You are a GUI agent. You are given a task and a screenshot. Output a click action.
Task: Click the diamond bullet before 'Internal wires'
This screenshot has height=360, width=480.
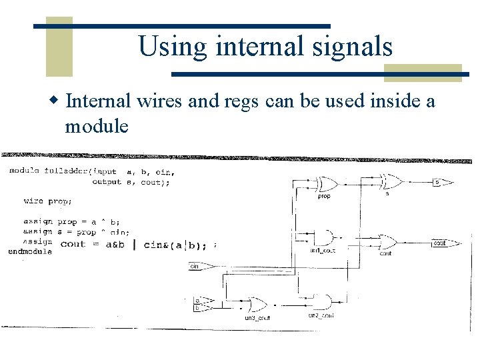[56, 101]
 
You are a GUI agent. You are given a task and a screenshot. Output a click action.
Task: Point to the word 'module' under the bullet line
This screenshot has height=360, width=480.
[97, 126]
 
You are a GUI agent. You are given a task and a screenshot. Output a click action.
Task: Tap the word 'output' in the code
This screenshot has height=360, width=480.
[107, 182]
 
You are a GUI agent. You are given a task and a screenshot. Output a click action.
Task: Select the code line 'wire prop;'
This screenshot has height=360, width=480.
[48, 201]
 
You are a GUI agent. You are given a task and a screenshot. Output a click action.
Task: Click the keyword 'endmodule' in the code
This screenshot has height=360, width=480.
[30, 252]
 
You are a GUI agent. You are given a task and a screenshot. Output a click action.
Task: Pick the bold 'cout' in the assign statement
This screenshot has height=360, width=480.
[73, 244]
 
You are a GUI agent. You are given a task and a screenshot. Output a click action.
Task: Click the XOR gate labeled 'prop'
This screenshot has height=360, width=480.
[327, 184]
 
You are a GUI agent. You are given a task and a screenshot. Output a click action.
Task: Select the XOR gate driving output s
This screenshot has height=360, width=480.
[391, 181]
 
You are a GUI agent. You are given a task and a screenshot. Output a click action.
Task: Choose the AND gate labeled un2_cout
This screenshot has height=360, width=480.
[323, 302]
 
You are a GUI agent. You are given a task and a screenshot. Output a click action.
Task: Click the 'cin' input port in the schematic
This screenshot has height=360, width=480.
[198, 267]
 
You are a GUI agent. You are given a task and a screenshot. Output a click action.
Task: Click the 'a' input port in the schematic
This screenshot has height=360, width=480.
[198, 301]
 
